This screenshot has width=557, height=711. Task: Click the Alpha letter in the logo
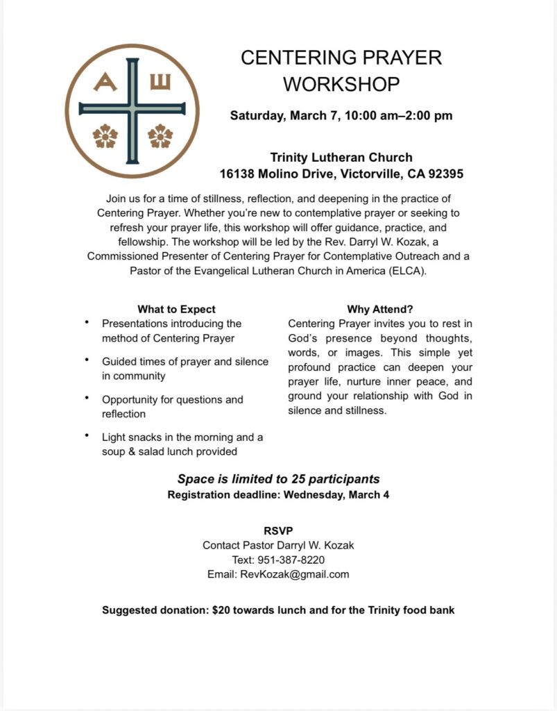(105, 83)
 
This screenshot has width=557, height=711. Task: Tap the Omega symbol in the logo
(160, 83)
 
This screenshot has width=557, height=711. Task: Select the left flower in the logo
(105, 136)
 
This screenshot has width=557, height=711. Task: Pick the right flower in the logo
(160, 136)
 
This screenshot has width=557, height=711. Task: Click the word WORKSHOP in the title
(341, 84)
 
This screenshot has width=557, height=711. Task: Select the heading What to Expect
(176, 309)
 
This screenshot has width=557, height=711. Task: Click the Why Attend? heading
(380, 309)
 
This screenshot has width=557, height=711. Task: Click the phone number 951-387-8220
(293, 560)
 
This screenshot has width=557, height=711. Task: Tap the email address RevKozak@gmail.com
(295, 574)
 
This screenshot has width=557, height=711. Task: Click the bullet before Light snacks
(87, 435)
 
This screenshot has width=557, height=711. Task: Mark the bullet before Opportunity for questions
(87, 398)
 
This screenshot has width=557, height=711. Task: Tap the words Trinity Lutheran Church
(341, 158)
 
